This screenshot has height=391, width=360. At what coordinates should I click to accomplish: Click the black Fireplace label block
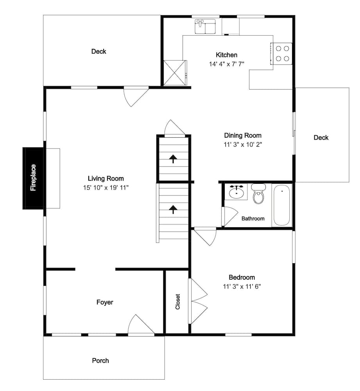coord(33,178)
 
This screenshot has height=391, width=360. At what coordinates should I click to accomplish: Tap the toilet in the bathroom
coord(258,194)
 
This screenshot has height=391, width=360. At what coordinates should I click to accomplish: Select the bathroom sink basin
coord(236,192)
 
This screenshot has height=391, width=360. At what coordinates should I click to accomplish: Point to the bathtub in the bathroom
coord(282,205)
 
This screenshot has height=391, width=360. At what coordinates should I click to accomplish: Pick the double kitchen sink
coord(206,27)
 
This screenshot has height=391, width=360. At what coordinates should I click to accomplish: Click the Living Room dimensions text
coord(106,188)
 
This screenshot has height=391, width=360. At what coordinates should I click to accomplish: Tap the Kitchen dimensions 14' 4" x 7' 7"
coord(226,64)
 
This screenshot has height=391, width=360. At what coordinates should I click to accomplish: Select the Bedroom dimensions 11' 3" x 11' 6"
coord(242,287)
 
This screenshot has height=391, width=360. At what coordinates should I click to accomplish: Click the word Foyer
coord(105,302)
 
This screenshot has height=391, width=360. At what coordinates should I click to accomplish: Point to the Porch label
coord(100,361)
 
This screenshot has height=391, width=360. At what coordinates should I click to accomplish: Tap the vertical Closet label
coord(177,302)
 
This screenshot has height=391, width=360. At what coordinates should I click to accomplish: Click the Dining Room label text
coord(243,135)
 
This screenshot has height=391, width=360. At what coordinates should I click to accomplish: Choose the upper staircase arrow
coord(173,159)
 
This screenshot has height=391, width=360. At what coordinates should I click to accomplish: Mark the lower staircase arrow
coord(173,210)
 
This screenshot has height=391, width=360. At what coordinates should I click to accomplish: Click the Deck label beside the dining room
coord(321,137)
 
